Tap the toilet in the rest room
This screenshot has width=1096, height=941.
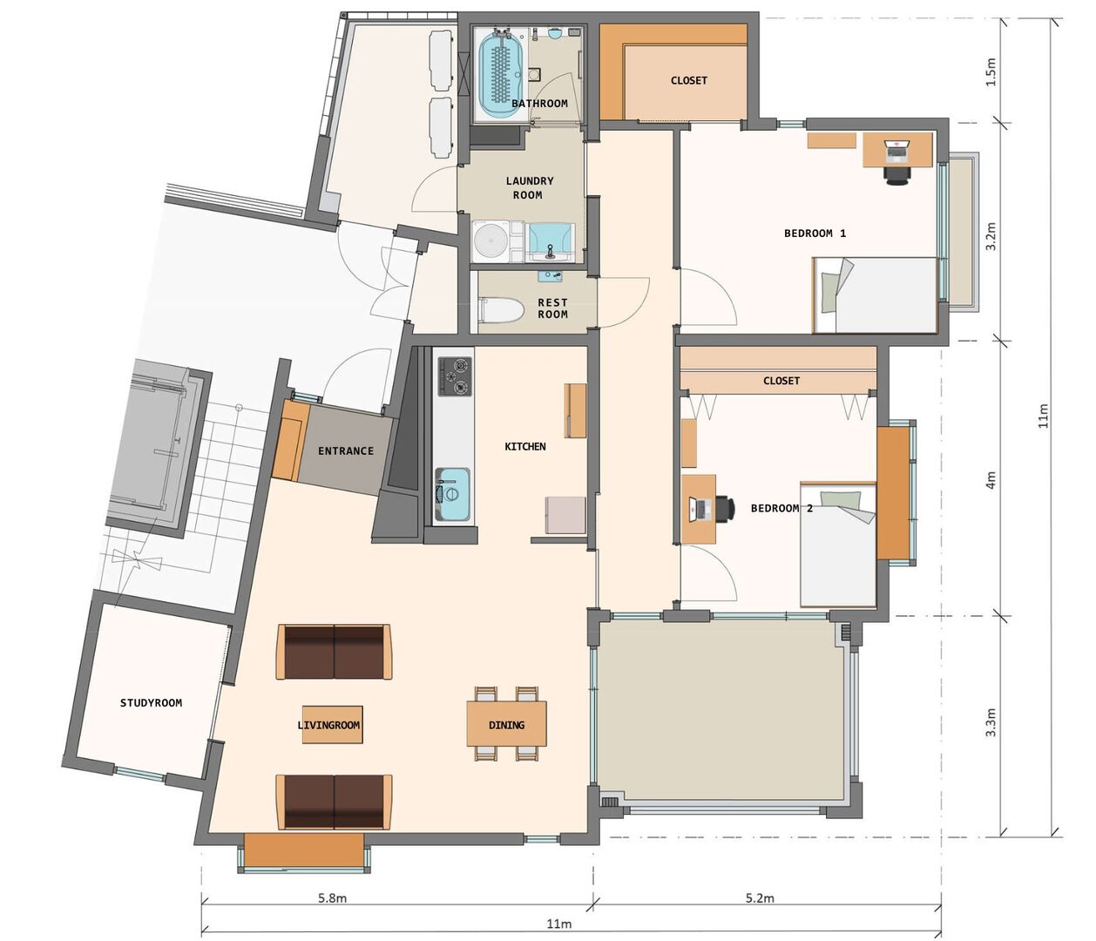501,310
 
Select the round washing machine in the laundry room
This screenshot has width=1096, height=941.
491,241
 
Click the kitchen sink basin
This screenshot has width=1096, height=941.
452,494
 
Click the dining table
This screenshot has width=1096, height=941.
506,724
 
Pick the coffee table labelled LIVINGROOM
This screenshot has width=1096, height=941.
333,724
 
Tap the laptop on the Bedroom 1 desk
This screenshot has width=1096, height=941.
897,151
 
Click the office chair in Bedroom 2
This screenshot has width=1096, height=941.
725,509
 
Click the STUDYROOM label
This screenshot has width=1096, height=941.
151,703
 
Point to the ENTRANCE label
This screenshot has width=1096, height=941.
346,450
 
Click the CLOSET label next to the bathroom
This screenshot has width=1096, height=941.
689,81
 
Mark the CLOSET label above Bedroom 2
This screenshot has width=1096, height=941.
781,381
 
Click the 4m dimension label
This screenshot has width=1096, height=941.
991,479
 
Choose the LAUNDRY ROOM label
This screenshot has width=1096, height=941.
529,188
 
